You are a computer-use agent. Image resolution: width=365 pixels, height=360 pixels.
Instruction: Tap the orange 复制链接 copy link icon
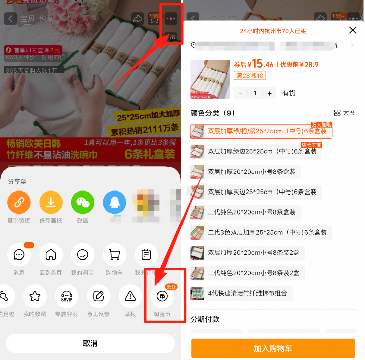19,203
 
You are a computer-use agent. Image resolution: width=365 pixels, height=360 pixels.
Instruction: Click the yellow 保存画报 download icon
51,203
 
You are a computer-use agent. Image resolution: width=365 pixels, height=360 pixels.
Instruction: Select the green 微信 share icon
82,203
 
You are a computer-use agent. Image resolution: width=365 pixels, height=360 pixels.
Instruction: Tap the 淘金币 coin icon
162,296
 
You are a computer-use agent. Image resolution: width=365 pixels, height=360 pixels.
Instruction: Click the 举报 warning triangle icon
130,296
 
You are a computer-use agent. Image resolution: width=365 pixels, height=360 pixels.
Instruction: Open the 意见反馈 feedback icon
98,296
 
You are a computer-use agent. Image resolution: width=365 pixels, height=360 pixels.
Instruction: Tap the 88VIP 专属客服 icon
67,296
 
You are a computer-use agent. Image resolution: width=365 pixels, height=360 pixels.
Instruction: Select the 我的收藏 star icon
35,296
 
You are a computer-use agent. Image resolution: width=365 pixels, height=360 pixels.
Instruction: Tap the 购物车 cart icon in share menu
114,255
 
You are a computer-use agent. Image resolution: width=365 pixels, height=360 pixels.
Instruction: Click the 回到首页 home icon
51,255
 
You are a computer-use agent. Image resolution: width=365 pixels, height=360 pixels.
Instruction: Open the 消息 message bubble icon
19,255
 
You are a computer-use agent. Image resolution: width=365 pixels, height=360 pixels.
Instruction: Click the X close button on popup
352,30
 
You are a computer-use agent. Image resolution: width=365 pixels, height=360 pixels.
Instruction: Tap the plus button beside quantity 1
269,93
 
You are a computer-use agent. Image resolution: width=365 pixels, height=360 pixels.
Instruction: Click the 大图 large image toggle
344,113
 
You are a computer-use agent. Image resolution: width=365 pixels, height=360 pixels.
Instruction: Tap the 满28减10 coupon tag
250,76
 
